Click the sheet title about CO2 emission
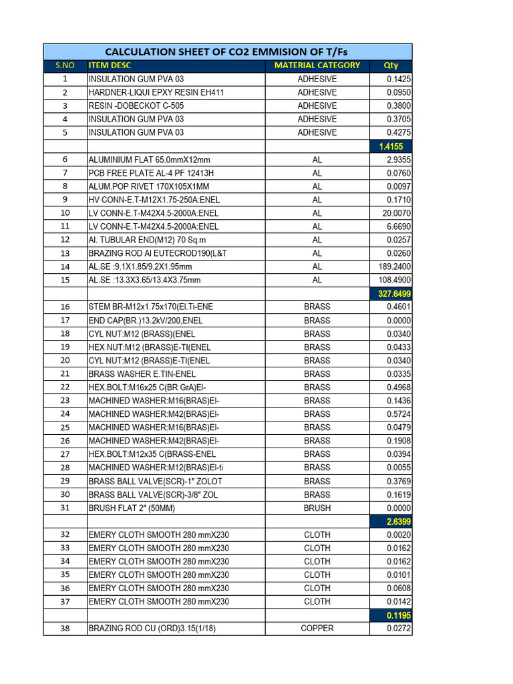click(227, 52)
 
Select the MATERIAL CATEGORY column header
click(317, 65)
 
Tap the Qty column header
click(391, 65)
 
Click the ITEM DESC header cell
click(110, 65)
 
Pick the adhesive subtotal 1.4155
click(391, 146)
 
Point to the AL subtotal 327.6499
click(391, 293)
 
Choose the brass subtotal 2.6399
click(391, 521)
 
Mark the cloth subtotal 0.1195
click(391, 615)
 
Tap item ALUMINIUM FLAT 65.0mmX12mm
click(149, 160)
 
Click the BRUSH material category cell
click(317, 508)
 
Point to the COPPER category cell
click(317, 629)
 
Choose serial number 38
click(65, 629)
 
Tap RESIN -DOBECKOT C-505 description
click(136, 106)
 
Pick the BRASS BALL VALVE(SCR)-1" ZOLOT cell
click(155, 481)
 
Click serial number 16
click(65, 307)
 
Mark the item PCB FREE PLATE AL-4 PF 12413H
click(151, 173)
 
